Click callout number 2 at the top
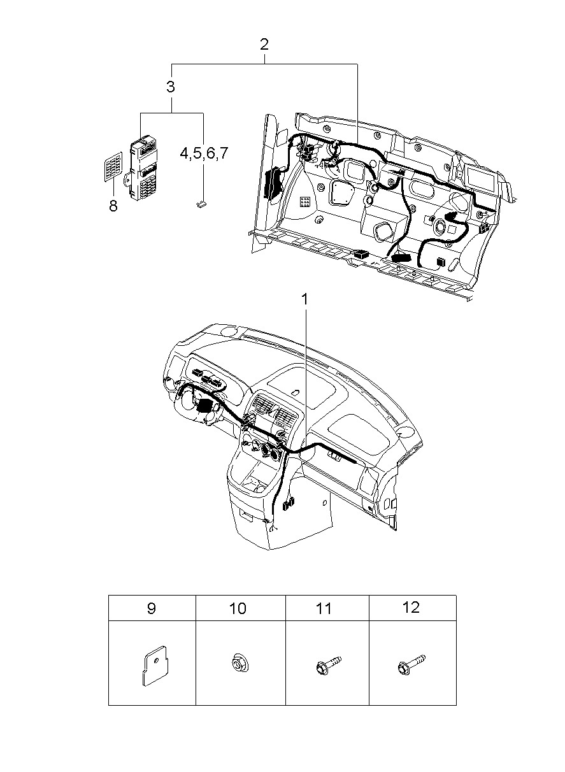[x=264, y=45]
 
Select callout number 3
[x=171, y=87]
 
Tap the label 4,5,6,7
[x=204, y=153]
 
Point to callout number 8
[x=113, y=206]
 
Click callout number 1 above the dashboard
[x=304, y=299]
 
